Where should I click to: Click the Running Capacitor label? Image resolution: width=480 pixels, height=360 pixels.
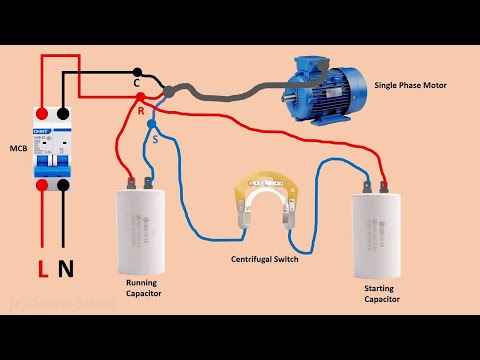[147, 288]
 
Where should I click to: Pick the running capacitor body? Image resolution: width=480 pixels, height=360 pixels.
[143, 230]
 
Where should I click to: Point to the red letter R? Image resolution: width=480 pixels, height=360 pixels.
[141, 110]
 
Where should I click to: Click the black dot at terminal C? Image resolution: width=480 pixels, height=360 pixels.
[137, 72]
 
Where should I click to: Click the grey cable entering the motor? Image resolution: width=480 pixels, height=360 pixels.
[230, 97]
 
